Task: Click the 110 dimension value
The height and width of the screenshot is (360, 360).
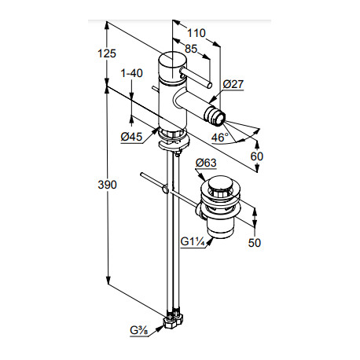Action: pyautogui.click(x=197, y=33)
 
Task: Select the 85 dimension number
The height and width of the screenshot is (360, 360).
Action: pyautogui.click(x=191, y=49)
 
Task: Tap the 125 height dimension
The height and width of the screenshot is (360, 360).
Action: pyautogui.click(x=107, y=53)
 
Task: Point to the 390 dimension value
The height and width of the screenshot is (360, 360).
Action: pyautogui.click(x=107, y=185)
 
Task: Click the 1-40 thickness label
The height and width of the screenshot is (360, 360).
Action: pyautogui.click(x=131, y=73)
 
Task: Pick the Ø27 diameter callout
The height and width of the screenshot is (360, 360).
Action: pyautogui.click(x=233, y=84)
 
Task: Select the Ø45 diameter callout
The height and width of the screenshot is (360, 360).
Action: pyautogui.click(x=131, y=137)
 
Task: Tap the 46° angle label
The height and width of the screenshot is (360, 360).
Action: pyautogui.click(x=219, y=138)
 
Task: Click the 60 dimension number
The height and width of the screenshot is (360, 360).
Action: pyautogui.click(x=256, y=156)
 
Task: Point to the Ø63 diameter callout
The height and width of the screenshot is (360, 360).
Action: pyautogui.click(x=206, y=163)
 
